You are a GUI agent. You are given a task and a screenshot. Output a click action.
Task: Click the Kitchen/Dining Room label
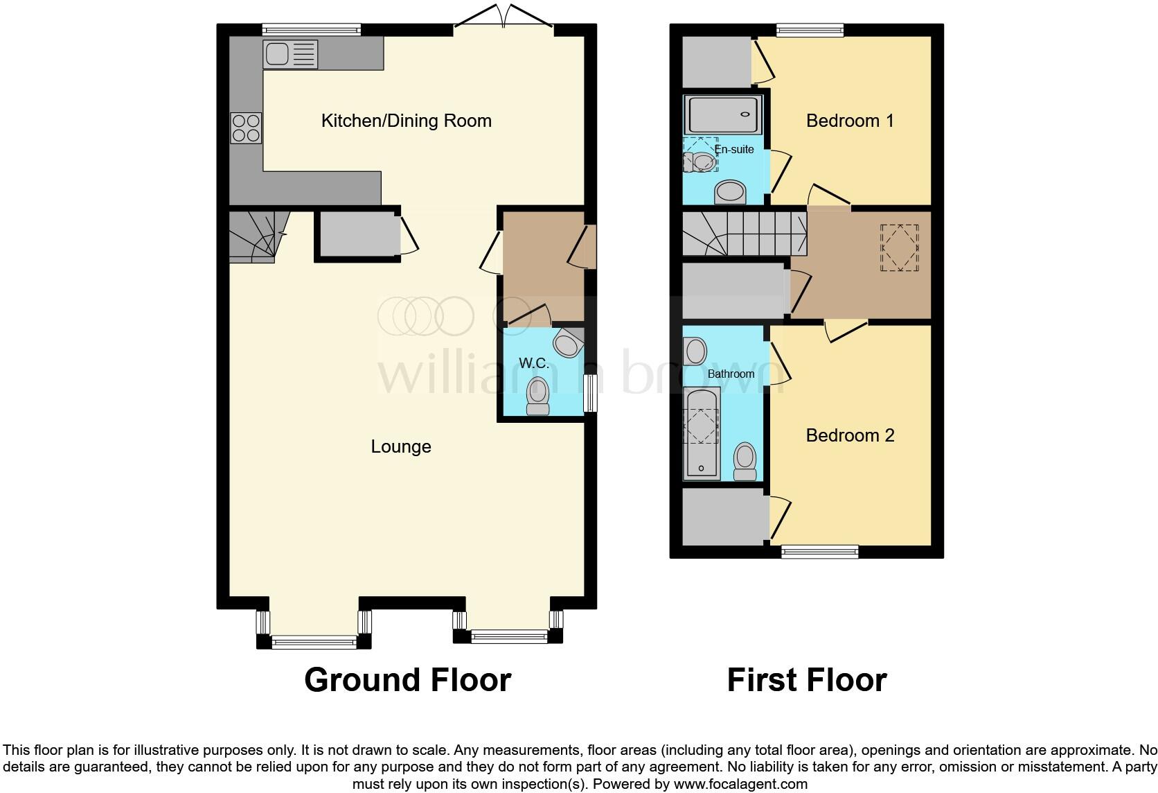pos(406,121)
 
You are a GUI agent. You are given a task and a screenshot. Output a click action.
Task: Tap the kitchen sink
pos(290,54)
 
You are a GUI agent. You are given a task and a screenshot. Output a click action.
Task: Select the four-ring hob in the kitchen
pos(246,128)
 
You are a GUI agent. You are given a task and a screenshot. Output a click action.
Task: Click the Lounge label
pos(401,447)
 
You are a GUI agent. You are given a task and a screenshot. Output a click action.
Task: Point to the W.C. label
pos(534,363)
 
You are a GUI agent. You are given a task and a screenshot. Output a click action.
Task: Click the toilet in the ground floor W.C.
pos(537,397)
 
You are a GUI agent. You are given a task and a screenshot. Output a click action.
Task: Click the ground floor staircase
pos(253,236)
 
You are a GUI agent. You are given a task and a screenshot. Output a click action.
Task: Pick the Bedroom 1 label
pos(850,121)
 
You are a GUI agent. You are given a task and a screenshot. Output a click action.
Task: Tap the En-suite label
pos(734,149)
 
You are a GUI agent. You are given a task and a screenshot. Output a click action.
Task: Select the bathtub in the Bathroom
pos(701,434)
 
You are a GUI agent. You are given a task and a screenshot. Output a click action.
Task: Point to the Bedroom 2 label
pos(850,435)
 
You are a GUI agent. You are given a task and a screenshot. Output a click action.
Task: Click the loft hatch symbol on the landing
pos(899,247)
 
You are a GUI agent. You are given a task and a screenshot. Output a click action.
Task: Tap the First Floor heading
pos(806,680)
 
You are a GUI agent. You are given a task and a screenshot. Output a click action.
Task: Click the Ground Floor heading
pos(407,680)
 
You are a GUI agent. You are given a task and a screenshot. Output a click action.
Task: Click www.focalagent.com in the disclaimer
pos(740,785)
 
